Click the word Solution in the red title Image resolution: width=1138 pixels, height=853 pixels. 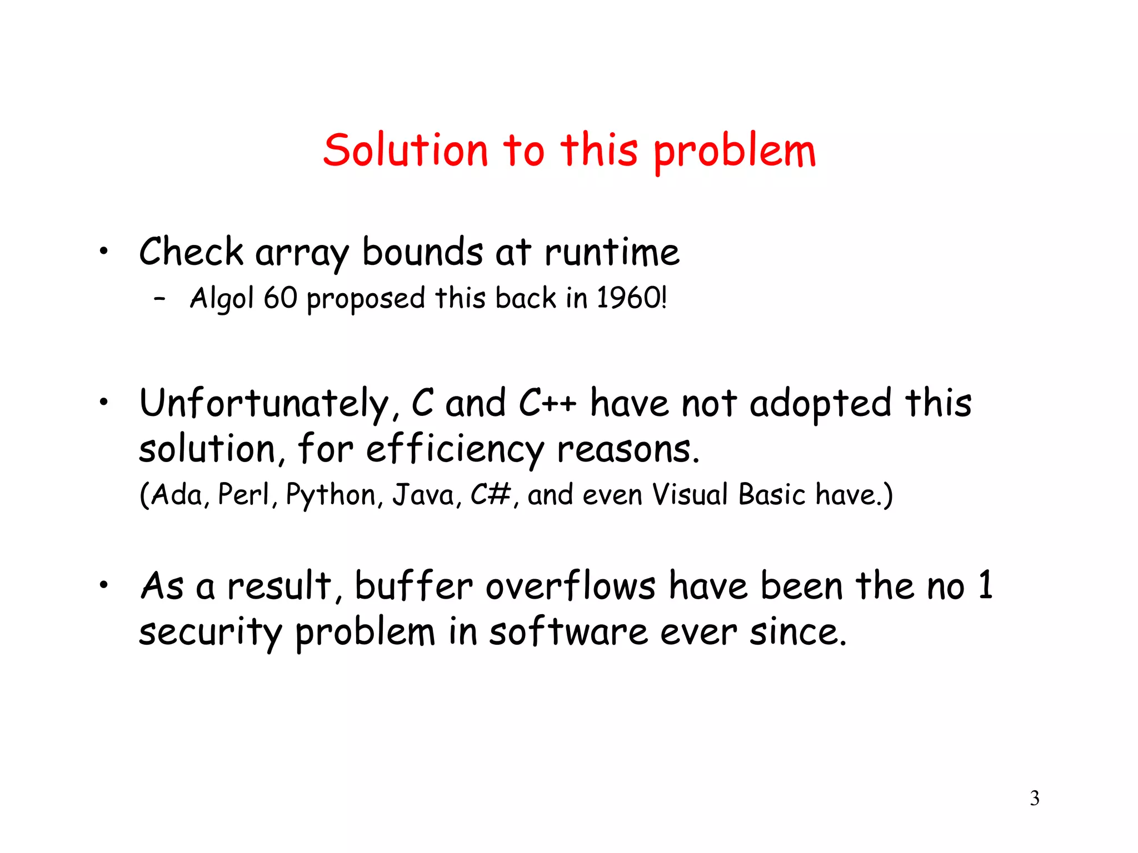click(406, 150)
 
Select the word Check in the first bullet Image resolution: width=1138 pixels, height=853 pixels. click(191, 252)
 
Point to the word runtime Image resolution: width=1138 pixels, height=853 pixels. click(612, 253)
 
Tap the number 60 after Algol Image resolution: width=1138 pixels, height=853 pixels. click(281, 298)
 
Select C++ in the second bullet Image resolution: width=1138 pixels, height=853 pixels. click(547, 403)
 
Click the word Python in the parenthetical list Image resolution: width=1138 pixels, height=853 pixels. click(331, 495)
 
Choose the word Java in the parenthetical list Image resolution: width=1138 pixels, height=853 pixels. click(423, 495)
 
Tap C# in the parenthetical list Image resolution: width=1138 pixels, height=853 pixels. click(491, 494)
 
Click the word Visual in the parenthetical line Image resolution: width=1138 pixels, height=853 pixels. click(689, 494)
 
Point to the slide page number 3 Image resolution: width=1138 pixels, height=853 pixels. click(1034, 799)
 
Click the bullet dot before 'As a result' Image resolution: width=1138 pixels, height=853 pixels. click(103, 584)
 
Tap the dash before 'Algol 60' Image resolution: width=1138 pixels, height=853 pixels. click(159, 299)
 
